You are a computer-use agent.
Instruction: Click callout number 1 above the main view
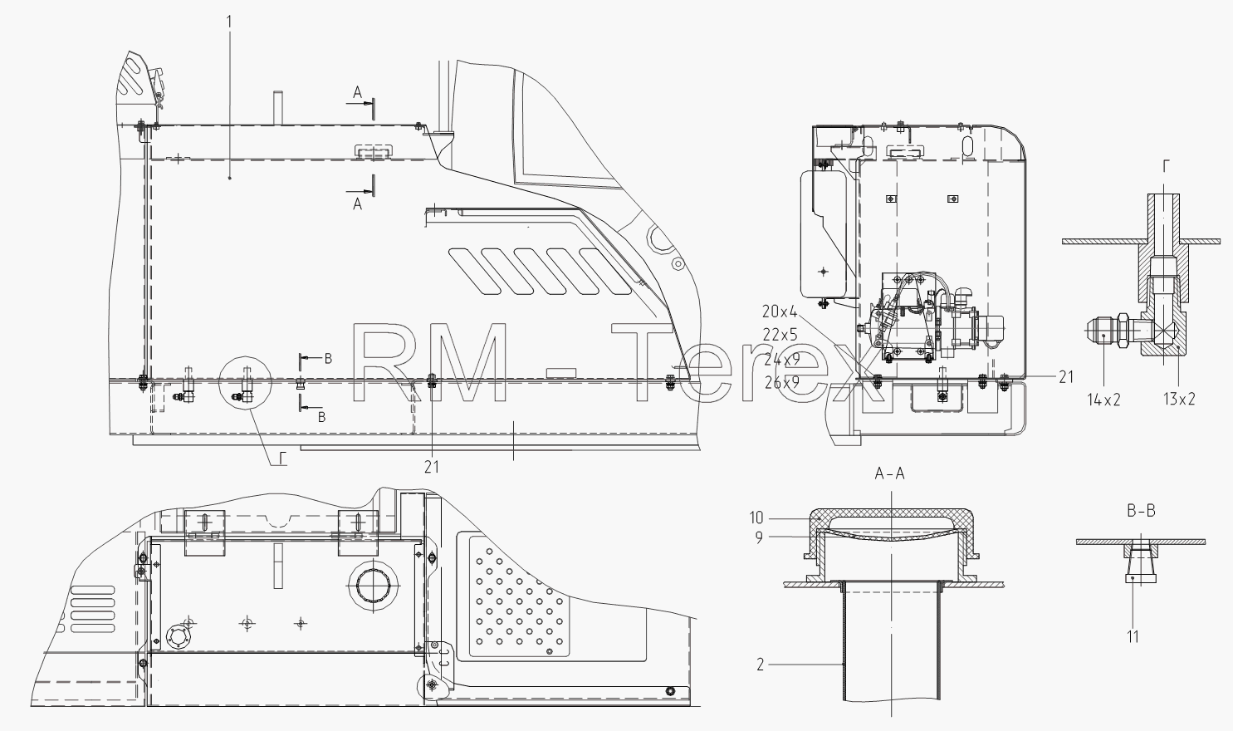point(229,22)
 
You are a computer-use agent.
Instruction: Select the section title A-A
point(889,473)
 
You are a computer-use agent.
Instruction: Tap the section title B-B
point(1141,511)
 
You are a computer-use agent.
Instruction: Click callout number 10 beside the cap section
point(756,518)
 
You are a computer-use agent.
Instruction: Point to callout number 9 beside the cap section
point(759,537)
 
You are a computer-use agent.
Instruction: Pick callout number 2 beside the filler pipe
point(761,665)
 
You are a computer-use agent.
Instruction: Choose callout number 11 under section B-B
point(1133,637)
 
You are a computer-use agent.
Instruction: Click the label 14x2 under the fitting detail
point(1103,400)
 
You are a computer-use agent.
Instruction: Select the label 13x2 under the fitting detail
point(1179,399)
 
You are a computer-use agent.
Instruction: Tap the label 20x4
point(780,312)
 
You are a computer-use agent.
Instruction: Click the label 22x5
point(780,335)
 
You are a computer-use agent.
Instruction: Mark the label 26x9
point(781,382)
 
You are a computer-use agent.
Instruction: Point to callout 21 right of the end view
point(1066,377)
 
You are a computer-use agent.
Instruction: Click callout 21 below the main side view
point(432,467)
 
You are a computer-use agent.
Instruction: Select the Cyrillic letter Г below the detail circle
point(281,459)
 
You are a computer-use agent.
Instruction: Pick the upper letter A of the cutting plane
point(357,92)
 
